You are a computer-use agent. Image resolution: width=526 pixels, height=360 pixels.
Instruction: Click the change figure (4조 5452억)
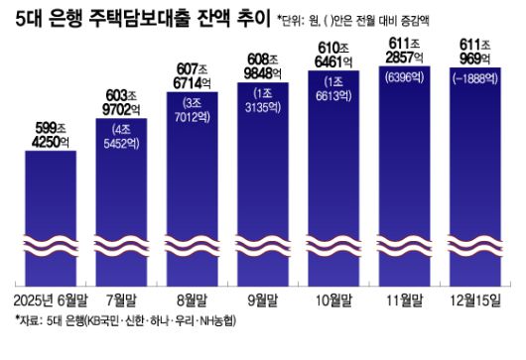(x=122, y=135)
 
